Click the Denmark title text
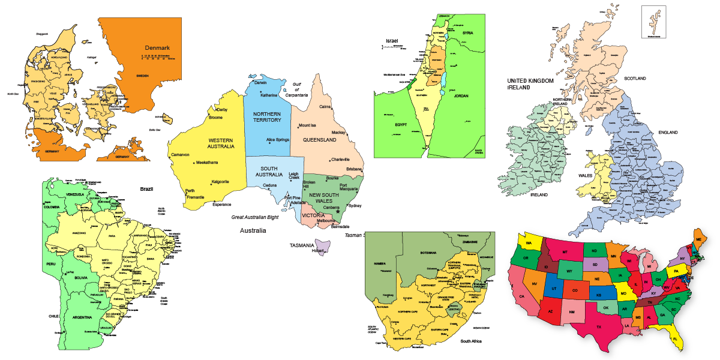157,48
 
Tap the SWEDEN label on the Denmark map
142,76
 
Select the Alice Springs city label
278,140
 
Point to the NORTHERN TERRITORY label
267,117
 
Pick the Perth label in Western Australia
190,191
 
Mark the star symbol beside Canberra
338,211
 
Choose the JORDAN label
461,96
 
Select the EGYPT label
401,125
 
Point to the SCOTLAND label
635,79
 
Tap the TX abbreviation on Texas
598,328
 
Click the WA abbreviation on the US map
530,243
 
